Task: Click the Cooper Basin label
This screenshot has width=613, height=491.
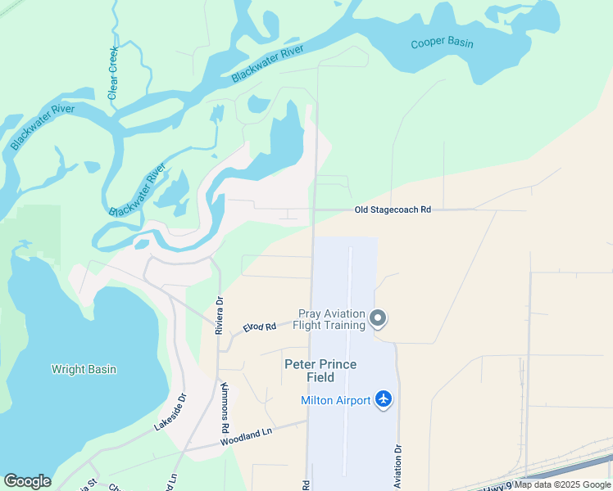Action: tap(443, 43)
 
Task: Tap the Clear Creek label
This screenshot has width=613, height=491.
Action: tap(114, 73)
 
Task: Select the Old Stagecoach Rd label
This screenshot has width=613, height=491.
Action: tap(393, 210)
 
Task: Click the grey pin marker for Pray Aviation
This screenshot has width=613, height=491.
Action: tap(378, 318)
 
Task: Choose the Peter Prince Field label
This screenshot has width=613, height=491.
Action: tap(320, 371)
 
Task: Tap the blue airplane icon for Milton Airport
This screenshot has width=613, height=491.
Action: tap(384, 399)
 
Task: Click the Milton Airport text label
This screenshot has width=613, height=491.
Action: tap(335, 399)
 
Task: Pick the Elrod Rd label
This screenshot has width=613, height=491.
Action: tap(259, 327)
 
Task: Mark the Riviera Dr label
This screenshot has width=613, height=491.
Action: tap(220, 315)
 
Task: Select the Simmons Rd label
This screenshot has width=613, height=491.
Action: tap(225, 407)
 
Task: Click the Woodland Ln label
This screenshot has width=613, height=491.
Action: tap(245, 438)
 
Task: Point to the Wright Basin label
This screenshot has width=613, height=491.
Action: tap(84, 369)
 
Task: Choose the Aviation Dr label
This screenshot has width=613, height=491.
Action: tap(398, 466)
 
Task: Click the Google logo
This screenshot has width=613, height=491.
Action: tap(27, 481)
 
